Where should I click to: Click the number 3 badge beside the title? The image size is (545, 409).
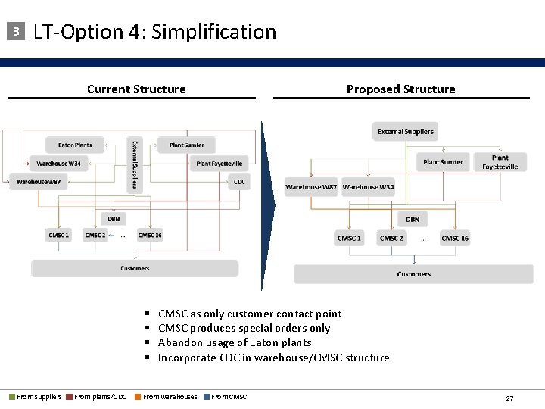pyautogui.click(x=14, y=32)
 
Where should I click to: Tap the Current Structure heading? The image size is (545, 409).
pyautogui.click(x=136, y=89)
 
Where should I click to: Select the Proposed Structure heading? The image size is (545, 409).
pyautogui.click(x=400, y=89)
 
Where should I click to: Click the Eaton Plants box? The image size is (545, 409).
pyautogui.click(x=74, y=145)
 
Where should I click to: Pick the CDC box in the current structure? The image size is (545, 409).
pyautogui.click(x=239, y=181)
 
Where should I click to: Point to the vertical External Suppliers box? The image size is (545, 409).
pyautogui.click(x=135, y=165)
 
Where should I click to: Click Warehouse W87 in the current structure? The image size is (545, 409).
pyautogui.click(x=38, y=181)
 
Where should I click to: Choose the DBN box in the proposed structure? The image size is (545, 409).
pyautogui.click(x=413, y=219)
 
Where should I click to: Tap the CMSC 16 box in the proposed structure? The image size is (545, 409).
pyautogui.click(x=455, y=238)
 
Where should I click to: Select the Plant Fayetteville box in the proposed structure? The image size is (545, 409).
pyautogui.click(x=500, y=162)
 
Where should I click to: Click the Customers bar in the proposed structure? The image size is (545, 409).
pyautogui.click(x=414, y=273)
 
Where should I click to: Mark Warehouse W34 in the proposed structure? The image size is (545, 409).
pyautogui.click(x=368, y=187)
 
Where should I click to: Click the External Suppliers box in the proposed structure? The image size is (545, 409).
pyautogui.click(x=405, y=131)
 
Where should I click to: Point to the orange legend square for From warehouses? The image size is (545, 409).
pyautogui.click(x=137, y=397)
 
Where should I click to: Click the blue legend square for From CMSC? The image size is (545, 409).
pyautogui.click(x=206, y=397)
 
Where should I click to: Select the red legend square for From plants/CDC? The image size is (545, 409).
pyautogui.click(x=69, y=397)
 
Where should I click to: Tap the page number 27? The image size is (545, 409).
pyautogui.click(x=509, y=398)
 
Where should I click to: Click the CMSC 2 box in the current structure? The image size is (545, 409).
pyautogui.click(x=95, y=235)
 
